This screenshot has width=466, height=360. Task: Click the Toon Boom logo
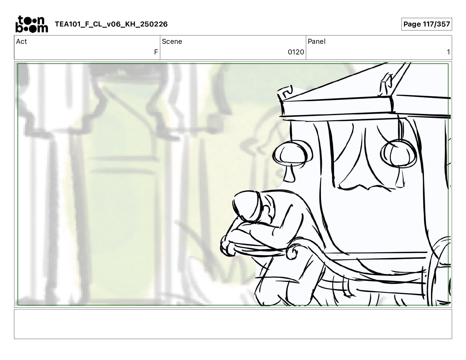pyautogui.click(x=32, y=24)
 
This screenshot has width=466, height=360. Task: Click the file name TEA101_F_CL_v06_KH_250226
pyautogui.click(x=111, y=24)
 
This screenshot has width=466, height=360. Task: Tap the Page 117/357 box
pyautogui.click(x=427, y=24)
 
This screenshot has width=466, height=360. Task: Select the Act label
pyautogui.click(x=21, y=41)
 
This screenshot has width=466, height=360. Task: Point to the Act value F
pyautogui.click(x=156, y=52)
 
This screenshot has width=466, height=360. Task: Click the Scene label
pyautogui.click(x=172, y=41)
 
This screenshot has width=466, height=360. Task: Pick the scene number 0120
pyautogui.click(x=296, y=52)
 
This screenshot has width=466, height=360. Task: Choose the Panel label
pyautogui.click(x=317, y=41)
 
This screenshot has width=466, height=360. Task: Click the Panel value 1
pyautogui.click(x=448, y=52)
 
